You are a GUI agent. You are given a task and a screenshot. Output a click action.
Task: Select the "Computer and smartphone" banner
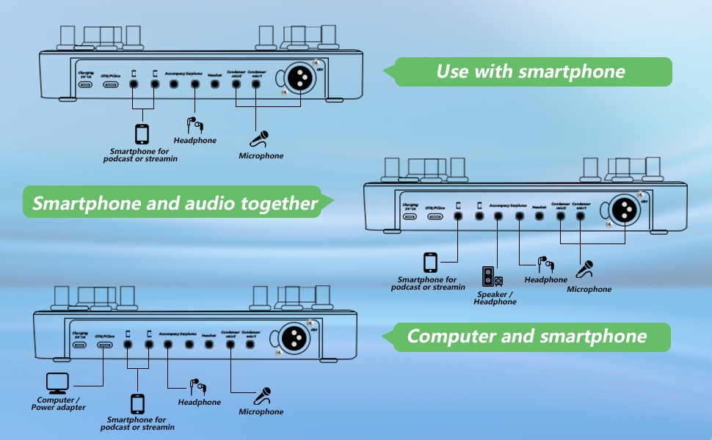(x=527, y=337)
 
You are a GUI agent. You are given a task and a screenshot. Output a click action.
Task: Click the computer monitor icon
(x=57, y=383)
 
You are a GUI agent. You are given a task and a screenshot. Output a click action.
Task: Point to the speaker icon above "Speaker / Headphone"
(x=492, y=276)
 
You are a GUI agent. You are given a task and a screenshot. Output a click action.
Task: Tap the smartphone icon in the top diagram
(x=142, y=133)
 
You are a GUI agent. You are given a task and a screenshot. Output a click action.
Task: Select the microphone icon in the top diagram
(x=261, y=139)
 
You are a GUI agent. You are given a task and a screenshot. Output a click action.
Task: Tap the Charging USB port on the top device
(x=86, y=84)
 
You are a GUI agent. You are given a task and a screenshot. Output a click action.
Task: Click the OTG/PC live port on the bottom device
(x=105, y=345)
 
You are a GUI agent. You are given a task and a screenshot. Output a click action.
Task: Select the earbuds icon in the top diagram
(x=194, y=125)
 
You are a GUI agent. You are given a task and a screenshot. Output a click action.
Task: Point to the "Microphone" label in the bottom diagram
(x=261, y=412)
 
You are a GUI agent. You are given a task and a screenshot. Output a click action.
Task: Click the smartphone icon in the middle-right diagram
(x=430, y=263)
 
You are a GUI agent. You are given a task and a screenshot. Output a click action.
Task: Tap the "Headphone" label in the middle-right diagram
(x=545, y=280)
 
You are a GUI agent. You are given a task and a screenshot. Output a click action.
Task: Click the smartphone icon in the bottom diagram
(x=137, y=403)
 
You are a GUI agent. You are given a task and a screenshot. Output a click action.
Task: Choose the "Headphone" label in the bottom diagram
(x=199, y=402)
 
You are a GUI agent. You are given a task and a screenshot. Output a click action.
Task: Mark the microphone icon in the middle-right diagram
(x=585, y=270)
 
